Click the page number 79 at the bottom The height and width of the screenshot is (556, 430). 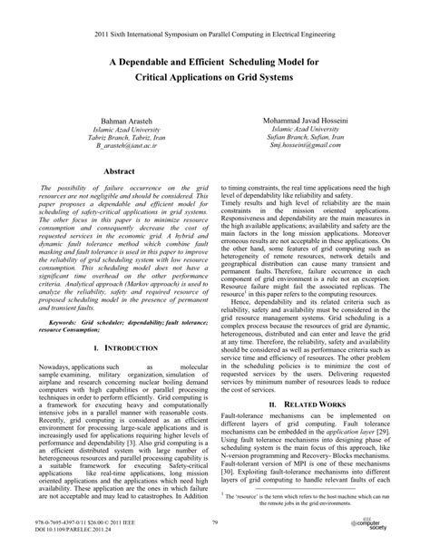(215, 522)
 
